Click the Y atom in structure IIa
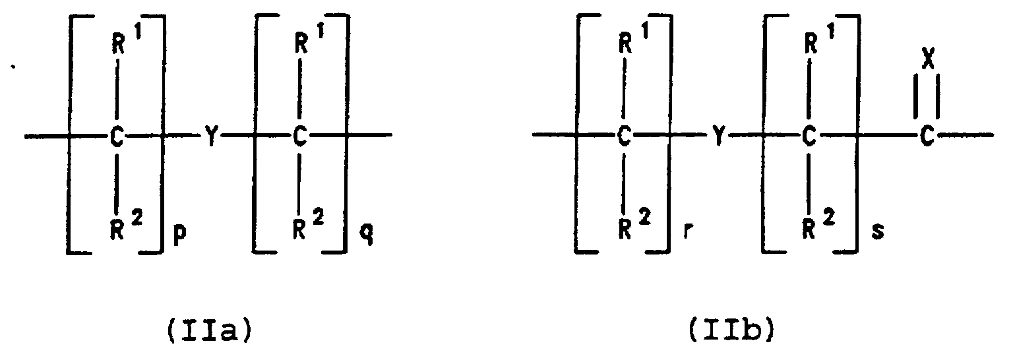click(210, 137)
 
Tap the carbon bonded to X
click(928, 137)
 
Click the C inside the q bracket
click(300, 137)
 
